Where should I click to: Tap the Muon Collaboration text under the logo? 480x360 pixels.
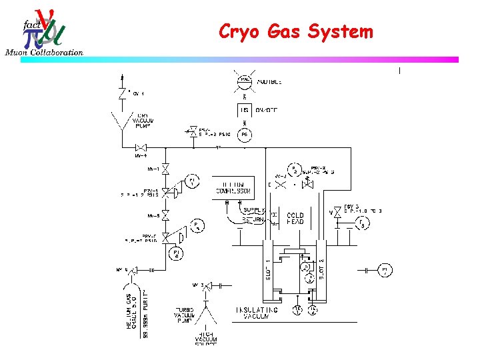pyautogui.click(x=45, y=53)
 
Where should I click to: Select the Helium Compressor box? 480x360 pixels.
pyautogui.click(x=233, y=187)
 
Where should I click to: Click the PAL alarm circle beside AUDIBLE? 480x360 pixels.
pyautogui.click(x=245, y=80)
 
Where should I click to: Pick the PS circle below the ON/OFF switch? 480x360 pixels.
pyautogui.click(x=245, y=134)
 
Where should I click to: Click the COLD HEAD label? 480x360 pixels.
pyautogui.click(x=295, y=219)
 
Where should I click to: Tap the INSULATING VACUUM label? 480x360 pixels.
pyautogui.click(x=252, y=313)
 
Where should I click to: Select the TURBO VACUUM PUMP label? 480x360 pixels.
pyautogui.click(x=185, y=315)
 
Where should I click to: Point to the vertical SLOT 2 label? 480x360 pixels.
pyautogui.click(x=321, y=269)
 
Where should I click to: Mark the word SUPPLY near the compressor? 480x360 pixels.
pyautogui.click(x=254, y=211)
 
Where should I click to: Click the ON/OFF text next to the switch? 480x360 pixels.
pyautogui.click(x=270, y=110)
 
